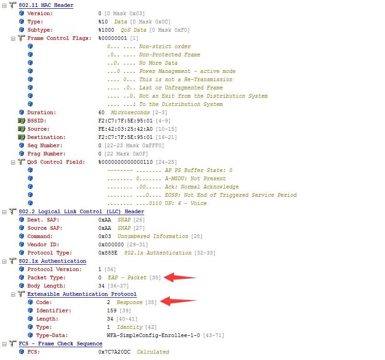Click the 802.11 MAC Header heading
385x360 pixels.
[46, 5]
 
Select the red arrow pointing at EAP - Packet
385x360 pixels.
[179, 277]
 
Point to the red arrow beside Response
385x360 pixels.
[179, 302]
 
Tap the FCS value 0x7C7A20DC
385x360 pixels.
[115, 352]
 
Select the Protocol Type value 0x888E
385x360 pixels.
[108, 253]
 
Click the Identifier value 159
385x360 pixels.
[112, 310]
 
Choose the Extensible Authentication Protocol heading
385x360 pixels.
[82, 294]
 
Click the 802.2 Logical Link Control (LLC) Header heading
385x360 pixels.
[81, 211]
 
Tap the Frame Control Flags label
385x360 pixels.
[56, 38]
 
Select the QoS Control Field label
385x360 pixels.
[56, 162]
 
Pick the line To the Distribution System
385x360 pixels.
[181, 104]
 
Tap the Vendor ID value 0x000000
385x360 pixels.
[111, 244]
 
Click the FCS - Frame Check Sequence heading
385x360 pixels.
[60, 343]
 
